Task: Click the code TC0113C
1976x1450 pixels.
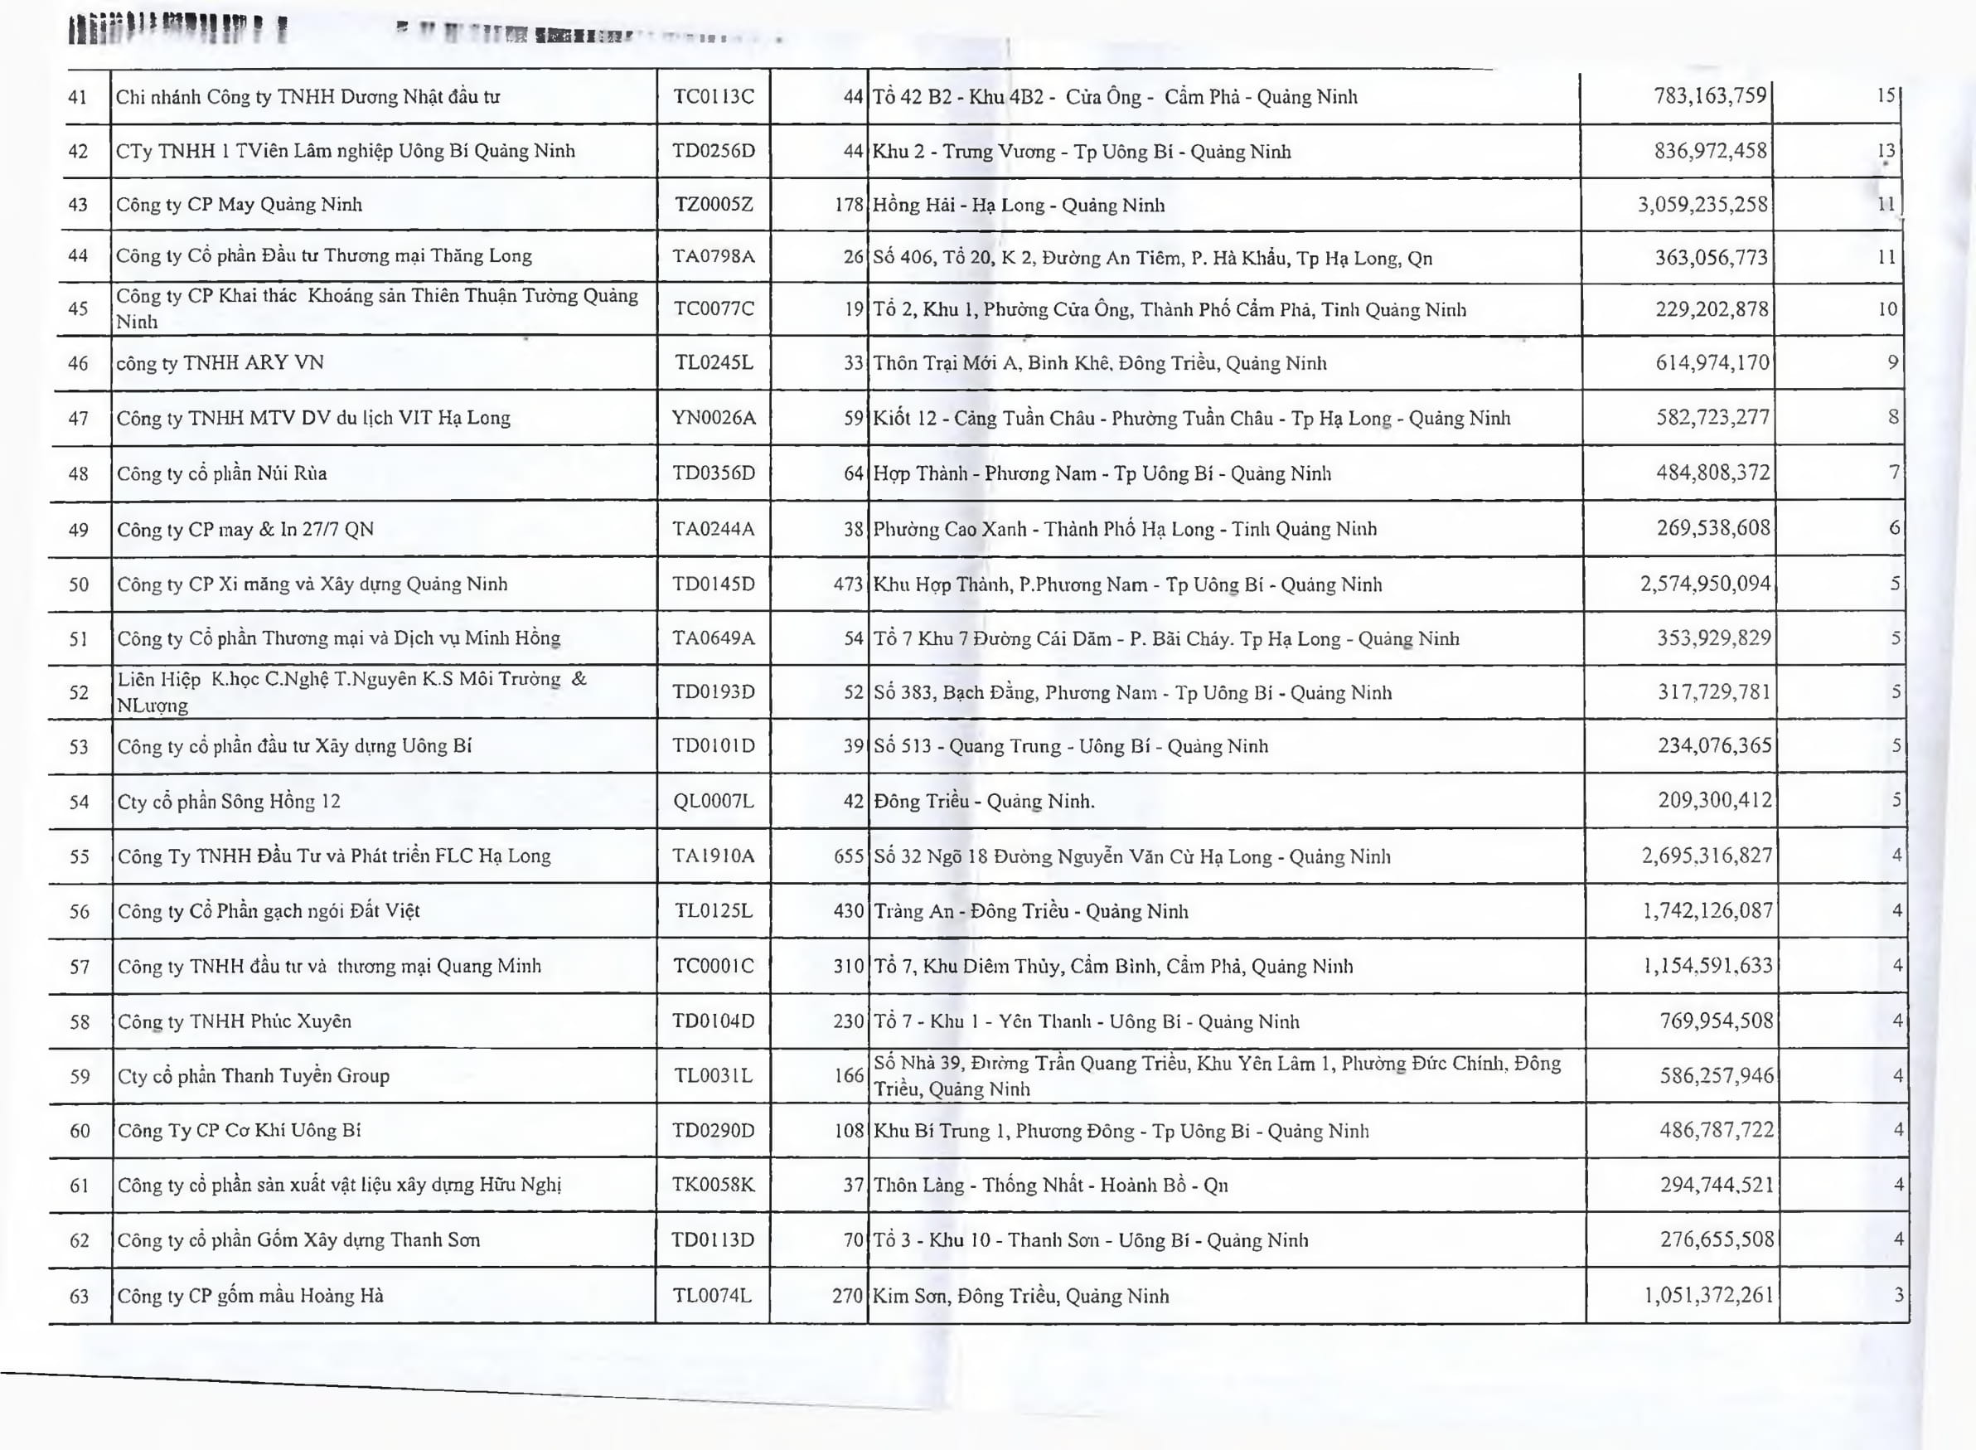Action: (714, 96)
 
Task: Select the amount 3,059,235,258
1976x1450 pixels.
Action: (1702, 205)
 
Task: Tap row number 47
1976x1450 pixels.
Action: (79, 418)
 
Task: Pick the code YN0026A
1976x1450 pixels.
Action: (714, 418)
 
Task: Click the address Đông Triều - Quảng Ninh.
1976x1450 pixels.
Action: (984, 802)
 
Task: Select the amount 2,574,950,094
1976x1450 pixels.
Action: (1705, 584)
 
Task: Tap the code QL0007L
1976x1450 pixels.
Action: (714, 802)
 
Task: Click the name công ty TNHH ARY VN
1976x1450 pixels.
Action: (220, 362)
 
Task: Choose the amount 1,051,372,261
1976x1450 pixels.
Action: (1707, 1295)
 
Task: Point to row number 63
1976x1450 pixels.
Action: (80, 1296)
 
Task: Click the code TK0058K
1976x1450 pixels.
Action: (714, 1185)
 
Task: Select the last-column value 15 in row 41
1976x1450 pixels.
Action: (1886, 95)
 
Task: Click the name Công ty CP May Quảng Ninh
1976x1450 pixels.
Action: (239, 205)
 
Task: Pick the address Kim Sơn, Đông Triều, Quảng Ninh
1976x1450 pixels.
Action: (1020, 1296)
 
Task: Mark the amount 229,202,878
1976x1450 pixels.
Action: (1711, 309)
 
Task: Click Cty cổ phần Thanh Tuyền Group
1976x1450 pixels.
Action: (254, 1076)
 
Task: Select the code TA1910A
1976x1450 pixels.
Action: (714, 856)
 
